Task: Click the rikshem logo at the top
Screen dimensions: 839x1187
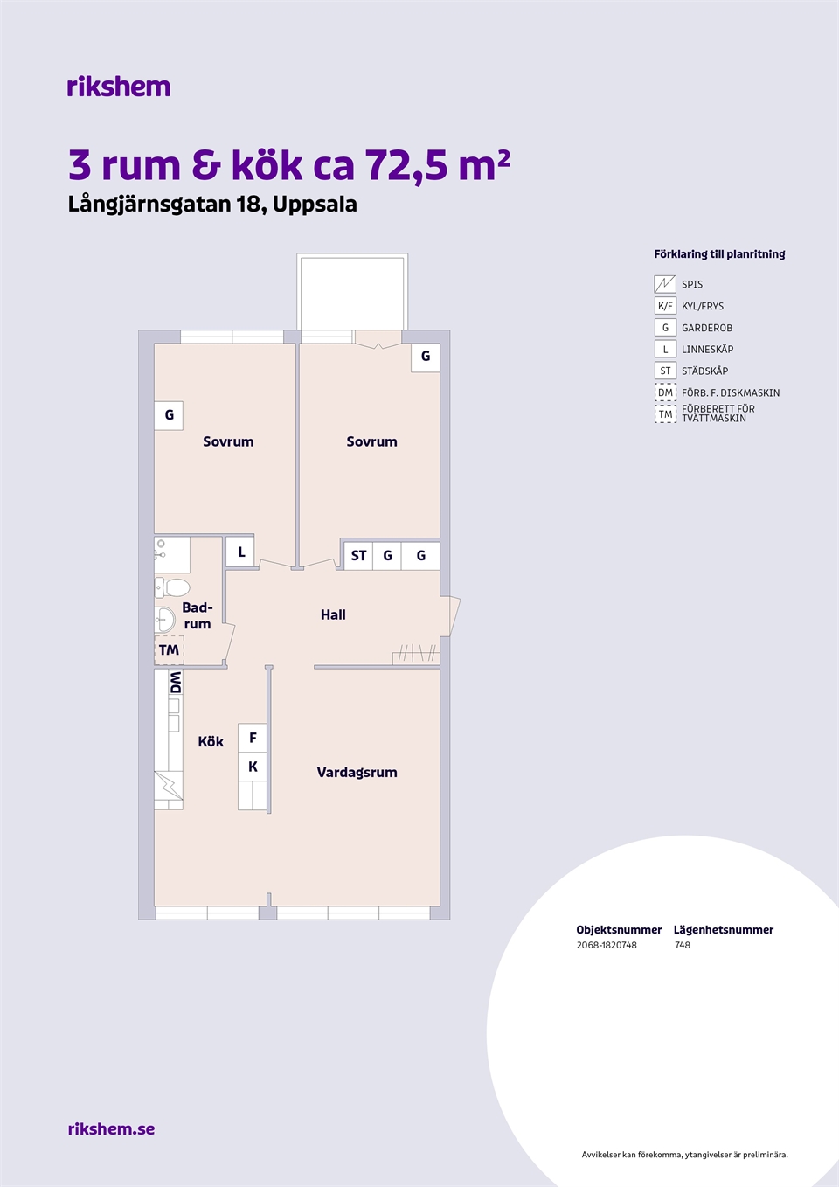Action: [x=119, y=87]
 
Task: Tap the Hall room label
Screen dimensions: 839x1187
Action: [x=333, y=614]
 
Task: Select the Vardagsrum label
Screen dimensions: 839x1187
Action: [x=357, y=772]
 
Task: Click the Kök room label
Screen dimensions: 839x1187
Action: [x=211, y=741]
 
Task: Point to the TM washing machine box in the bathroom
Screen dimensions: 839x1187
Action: [x=169, y=649]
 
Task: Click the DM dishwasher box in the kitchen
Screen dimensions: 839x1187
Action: [x=176, y=682]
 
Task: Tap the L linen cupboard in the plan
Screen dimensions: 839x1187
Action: [x=240, y=552]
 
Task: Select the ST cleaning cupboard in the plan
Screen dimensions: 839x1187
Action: [x=358, y=556]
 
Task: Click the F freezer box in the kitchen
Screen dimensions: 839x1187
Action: [x=253, y=738]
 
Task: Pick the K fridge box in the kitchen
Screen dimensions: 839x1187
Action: [x=253, y=767]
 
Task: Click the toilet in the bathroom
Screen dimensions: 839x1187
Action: [x=172, y=587]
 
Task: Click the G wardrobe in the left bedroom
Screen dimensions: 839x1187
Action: [x=169, y=415]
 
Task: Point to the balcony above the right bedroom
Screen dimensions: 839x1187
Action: [x=352, y=292]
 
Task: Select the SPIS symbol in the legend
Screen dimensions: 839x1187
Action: [x=665, y=284]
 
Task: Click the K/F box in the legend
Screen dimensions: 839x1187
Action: [x=665, y=306]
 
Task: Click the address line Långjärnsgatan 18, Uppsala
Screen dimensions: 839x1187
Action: [x=212, y=205]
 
